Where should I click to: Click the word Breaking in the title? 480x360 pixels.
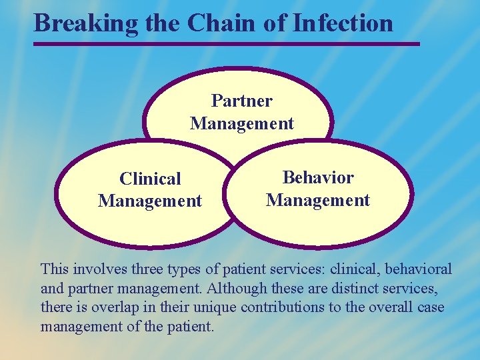click(x=85, y=23)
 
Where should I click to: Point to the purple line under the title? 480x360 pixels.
click(x=227, y=45)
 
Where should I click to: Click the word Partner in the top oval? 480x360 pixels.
click(x=241, y=101)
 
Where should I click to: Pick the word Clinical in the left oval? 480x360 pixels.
click(x=150, y=179)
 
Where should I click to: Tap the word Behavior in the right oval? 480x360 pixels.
click(x=318, y=177)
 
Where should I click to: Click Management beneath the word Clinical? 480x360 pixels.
click(x=150, y=201)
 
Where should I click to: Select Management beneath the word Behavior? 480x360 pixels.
click(x=318, y=200)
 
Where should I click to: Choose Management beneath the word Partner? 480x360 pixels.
click(x=241, y=123)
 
